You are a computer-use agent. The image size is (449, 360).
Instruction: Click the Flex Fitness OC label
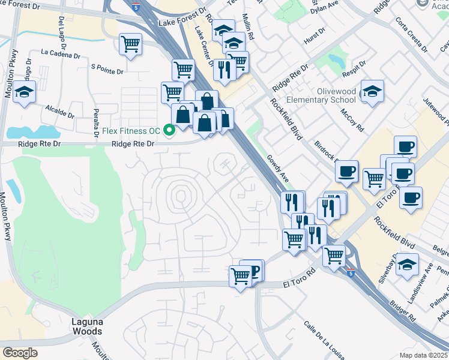click(129, 129)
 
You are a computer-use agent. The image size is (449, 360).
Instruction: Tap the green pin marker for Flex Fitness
click(169, 129)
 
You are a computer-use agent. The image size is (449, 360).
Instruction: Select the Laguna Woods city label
click(84, 326)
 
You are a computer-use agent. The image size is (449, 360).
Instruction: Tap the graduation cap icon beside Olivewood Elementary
click(372, 92)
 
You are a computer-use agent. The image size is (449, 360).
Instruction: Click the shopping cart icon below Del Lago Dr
click(130, 44)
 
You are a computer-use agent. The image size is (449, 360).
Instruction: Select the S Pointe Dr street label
click(106, 70)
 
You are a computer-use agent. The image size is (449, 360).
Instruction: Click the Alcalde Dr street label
click(60, 112)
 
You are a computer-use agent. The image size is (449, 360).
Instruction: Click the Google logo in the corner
click(20, 352)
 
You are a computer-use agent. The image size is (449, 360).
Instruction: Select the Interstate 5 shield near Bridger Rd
click(349, 272)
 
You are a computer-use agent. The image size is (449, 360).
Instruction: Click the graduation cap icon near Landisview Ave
click(407, 265)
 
